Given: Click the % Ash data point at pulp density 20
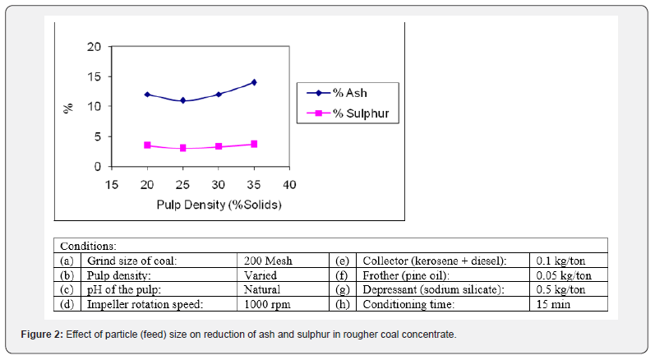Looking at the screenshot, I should pos(147,95).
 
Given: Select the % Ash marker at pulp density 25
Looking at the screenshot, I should pos(183,101).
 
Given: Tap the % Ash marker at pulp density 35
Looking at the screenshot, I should pos(254,82).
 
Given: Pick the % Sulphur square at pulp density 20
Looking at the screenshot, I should pos(147,145).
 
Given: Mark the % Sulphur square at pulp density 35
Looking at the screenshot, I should pos(254,144).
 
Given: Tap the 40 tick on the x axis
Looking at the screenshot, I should pos(289,183).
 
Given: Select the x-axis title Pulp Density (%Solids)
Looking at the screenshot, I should pos(219,204).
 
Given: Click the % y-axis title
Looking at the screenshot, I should pos(69,107).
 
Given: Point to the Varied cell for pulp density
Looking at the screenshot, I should pos(261,275).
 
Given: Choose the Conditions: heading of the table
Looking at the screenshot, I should pos(89,246).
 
